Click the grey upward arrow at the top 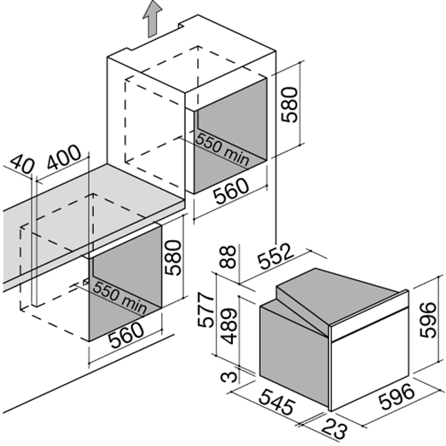point(152,19)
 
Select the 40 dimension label point(22,163)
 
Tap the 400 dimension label point(64,157)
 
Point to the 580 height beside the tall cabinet point(289,105)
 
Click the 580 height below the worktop point(173,258)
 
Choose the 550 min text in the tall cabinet point(223,149)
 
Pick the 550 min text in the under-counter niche point(119,297)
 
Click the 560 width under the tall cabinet point(232,191)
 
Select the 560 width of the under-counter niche point(127,335)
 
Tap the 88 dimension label point(228,257)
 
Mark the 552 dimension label point(275,256)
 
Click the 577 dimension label point(206,311)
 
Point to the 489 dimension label point(229,326)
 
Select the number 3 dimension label point(229,376)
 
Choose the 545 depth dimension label point(276,401)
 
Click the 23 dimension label point(335,427)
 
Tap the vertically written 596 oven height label point(428,320)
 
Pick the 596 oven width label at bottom point(397,397)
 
